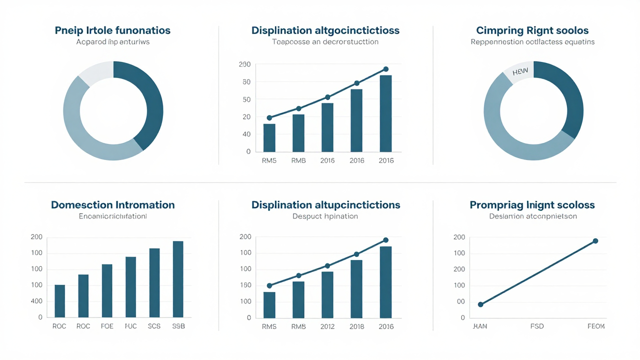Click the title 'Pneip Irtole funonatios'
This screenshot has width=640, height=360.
click(x=112, y=30)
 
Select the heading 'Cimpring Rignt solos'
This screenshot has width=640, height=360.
click(x=532, y=30)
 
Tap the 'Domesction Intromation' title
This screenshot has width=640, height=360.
click(x=112, y=205)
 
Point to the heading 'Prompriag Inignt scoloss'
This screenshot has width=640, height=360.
click(x=532, y=205)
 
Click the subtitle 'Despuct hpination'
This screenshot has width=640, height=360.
click(x=325, y=216)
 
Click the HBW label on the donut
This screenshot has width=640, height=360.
click(x=520, y=72)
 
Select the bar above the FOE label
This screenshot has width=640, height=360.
click(x=107, y=290)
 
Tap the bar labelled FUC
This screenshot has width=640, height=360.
click(x=130, y=287)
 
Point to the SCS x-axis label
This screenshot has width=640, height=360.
click(x=154, y=326)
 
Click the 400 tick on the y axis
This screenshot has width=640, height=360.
click(x=36, y=301)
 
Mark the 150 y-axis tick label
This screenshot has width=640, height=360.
click(x=245, y=285)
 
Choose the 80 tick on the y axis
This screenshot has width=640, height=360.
click(x=245, y=82)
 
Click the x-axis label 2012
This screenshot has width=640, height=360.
click(x=327, y=326)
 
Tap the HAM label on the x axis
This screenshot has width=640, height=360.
click(x=480, y=326)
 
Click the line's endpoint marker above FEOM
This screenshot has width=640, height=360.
click(x=595, y=241)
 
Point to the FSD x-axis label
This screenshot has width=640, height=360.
click(x=537, y=326)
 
